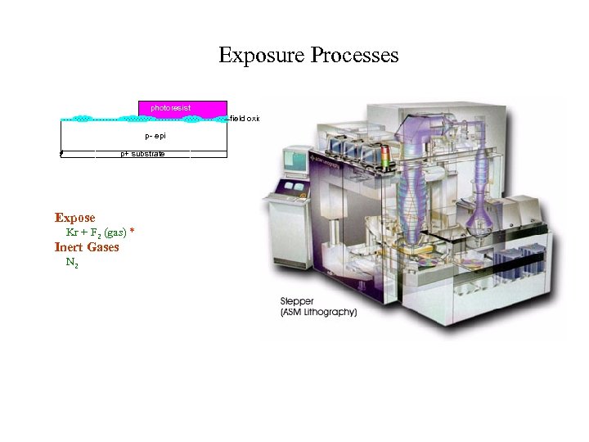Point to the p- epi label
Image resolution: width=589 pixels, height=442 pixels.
pyautogui.click(x=155, y=135)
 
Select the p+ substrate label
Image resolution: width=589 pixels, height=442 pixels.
pyautogui.click(x=142, y=154)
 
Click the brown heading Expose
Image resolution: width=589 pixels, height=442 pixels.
pyautogui.click(x=74, y=218)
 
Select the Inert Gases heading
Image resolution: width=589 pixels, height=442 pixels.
pyautogui.click(x=87, y=247)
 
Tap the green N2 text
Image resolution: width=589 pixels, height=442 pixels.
pyautogui.click(x=72, y=263)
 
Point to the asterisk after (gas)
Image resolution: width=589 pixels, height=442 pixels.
pyautogui.click(x=132, y=232)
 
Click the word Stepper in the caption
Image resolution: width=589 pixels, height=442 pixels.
pyautogui.click(x=297, y=302)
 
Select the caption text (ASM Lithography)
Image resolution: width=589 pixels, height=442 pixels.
pyautogui.click(x=318, y=313)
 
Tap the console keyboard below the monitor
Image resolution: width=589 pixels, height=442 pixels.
pyautogui.click(x=293, y=191)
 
